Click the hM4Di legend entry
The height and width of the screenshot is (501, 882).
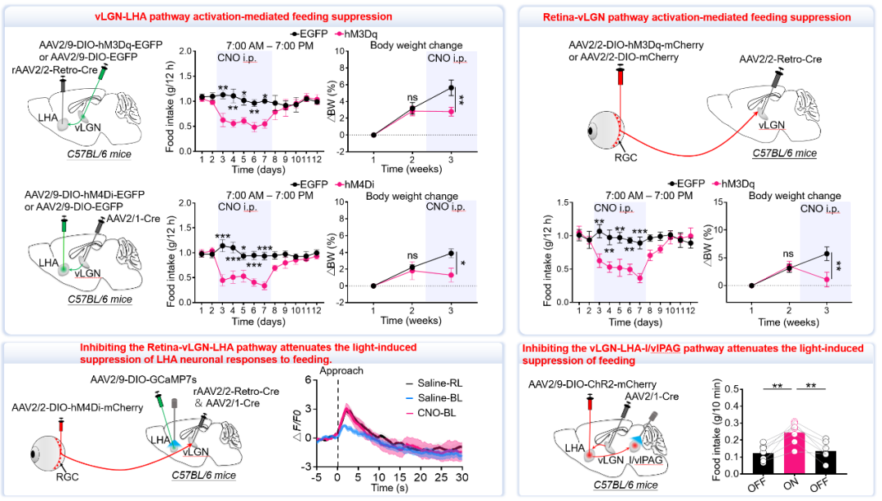point(355,184)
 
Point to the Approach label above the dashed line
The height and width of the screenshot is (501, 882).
point(341,371)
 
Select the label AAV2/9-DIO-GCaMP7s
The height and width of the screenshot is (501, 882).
point(144,379)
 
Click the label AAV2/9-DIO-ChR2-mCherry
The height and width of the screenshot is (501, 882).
point(592,384)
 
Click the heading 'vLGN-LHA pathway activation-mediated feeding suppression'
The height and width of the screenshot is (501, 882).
point(243,16)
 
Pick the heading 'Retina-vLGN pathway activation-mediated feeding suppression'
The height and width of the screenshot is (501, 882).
point(697,17)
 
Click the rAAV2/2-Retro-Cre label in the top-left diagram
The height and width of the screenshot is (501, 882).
point(55,70)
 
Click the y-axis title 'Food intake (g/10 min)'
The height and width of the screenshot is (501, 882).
point(717,430)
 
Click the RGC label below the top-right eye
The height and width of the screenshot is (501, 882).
point(626,157)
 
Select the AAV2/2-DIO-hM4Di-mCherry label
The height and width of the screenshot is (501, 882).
point(78,407)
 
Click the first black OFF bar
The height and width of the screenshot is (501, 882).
point(763,463)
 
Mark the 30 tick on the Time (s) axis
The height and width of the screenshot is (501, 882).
point(461,477)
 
